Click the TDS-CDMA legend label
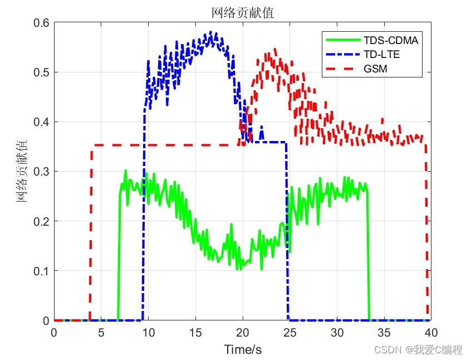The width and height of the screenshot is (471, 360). [x=391, y=40]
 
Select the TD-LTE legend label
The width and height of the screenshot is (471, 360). [x=382, y=55]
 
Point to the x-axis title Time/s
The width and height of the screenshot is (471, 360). [x=243, y=349]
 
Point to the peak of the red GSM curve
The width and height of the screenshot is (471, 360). [x=275, y=50]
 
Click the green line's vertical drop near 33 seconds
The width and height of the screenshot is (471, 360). [x=369, y=256]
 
